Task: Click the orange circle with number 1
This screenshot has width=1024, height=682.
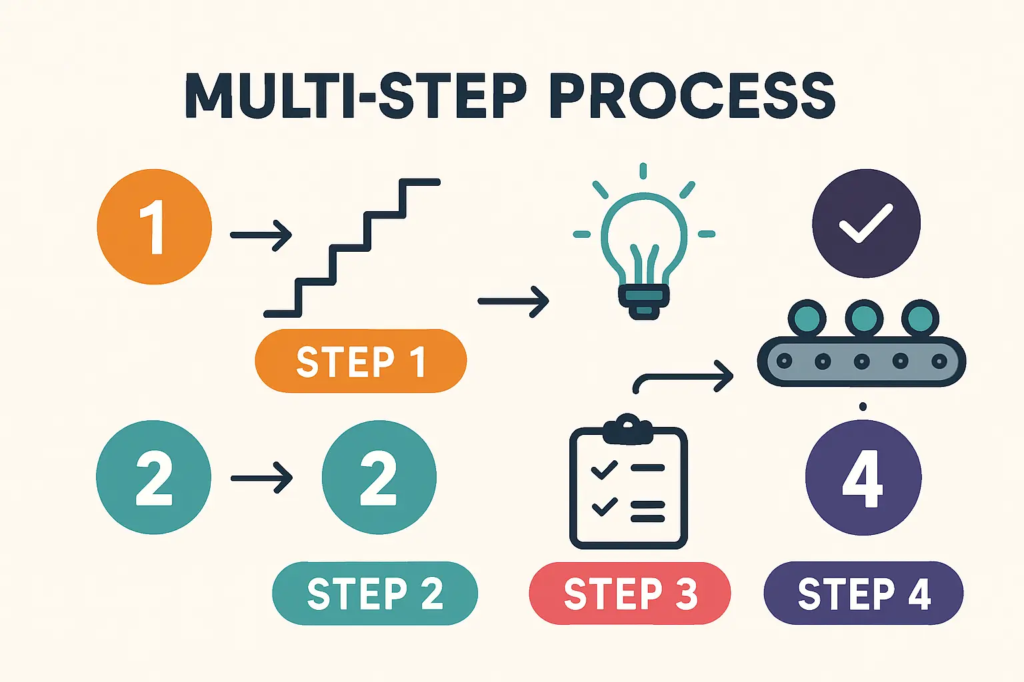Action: (154, 227)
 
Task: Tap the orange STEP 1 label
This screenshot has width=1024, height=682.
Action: (361, 361)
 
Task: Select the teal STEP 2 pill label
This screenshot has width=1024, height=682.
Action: (375, 593)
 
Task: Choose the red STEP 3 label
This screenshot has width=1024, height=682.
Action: (629, 593)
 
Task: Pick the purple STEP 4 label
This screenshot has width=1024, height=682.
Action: (863, 593)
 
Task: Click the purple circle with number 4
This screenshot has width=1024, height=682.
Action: (863, 478)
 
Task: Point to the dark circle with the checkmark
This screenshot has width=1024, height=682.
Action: (866, 223)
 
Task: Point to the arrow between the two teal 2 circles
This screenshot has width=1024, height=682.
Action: (261, 478)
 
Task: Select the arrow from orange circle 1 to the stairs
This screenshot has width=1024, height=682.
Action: (261, 235)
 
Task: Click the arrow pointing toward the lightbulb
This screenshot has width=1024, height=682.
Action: (513, 302)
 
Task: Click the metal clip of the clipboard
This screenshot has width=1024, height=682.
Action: (627, 428)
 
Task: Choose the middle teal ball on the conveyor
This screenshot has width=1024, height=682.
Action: (864, 318)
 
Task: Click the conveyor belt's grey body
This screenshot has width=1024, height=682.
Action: (861, 362)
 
